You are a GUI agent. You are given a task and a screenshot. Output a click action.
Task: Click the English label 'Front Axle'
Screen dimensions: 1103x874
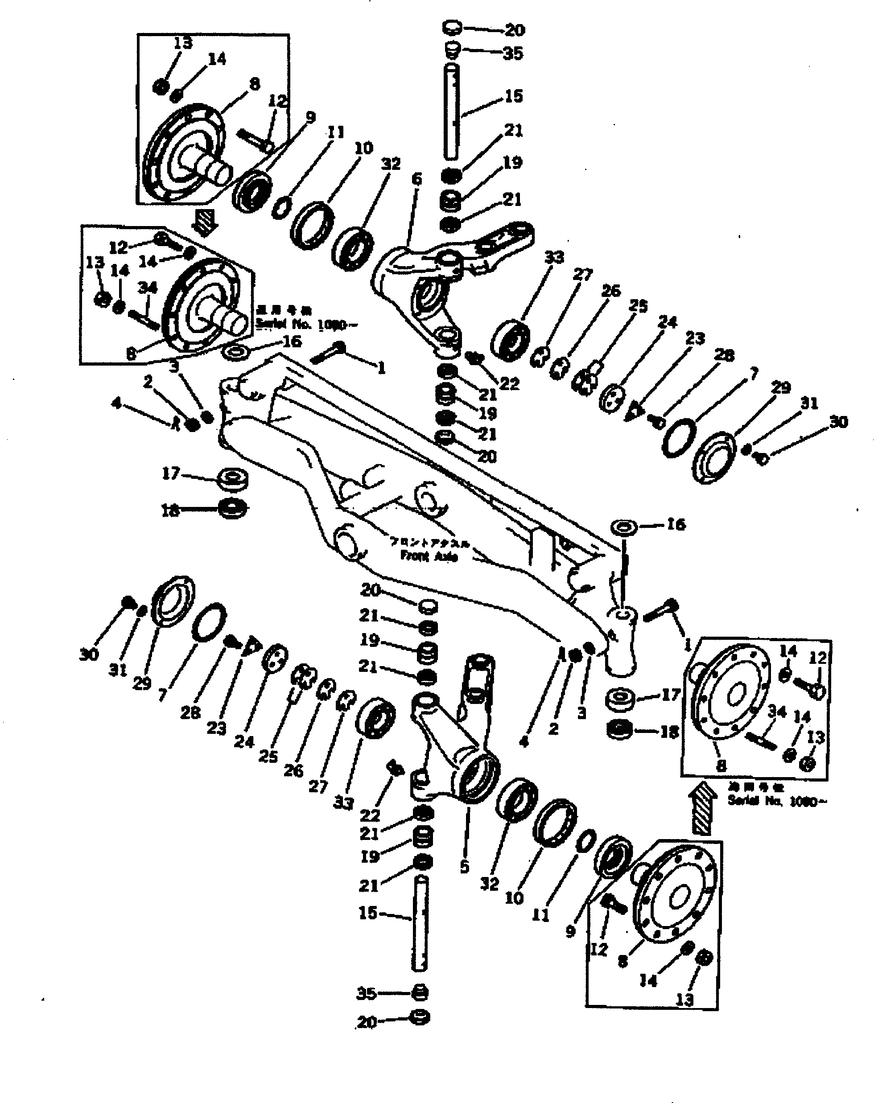[x=429, y=556]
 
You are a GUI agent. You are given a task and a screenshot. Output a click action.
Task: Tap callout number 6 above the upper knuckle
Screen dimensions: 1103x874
[x=416, y=179]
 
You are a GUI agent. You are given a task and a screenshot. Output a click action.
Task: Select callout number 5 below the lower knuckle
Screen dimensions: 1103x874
[x=464, y=866]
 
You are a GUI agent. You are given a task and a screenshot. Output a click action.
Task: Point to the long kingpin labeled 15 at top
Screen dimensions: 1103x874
[x=451, y=112]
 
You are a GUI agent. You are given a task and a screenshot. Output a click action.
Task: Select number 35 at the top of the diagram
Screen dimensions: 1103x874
[x=513, y=53]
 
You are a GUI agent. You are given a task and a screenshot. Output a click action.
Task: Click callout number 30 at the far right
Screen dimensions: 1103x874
[x=839, y=422]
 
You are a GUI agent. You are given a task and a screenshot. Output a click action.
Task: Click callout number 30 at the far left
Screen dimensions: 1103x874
[x=89, y=654]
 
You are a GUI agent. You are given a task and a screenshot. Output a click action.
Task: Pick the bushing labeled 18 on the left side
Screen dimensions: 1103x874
[x=233, y=509]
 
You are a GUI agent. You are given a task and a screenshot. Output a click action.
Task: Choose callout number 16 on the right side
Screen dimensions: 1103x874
[x=676, y=524]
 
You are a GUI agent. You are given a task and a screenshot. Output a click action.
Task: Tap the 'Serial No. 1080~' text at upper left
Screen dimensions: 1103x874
[x=308, y=325]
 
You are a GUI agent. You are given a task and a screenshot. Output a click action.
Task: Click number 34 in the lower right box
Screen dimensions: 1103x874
[x=777, y=711]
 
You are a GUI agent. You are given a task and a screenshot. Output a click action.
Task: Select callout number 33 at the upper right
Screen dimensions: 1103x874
[x=554, y=257]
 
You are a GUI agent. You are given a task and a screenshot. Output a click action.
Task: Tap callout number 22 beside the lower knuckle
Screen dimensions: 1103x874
[x=370, y=815]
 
